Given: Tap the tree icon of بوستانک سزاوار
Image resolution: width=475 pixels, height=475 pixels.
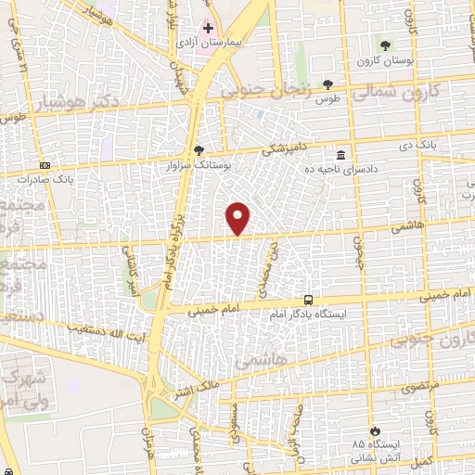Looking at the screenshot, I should [x=198, y=149].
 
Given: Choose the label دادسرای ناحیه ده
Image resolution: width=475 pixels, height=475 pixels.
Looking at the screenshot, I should [x=342, y=169].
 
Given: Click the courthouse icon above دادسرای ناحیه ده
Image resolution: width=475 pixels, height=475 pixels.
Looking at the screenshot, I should [x=341, y=154].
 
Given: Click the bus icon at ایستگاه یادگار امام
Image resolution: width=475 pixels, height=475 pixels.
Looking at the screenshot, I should [x=308, y=300].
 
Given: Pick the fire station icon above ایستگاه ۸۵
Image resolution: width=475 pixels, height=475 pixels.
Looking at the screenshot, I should [x=373, y=431].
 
